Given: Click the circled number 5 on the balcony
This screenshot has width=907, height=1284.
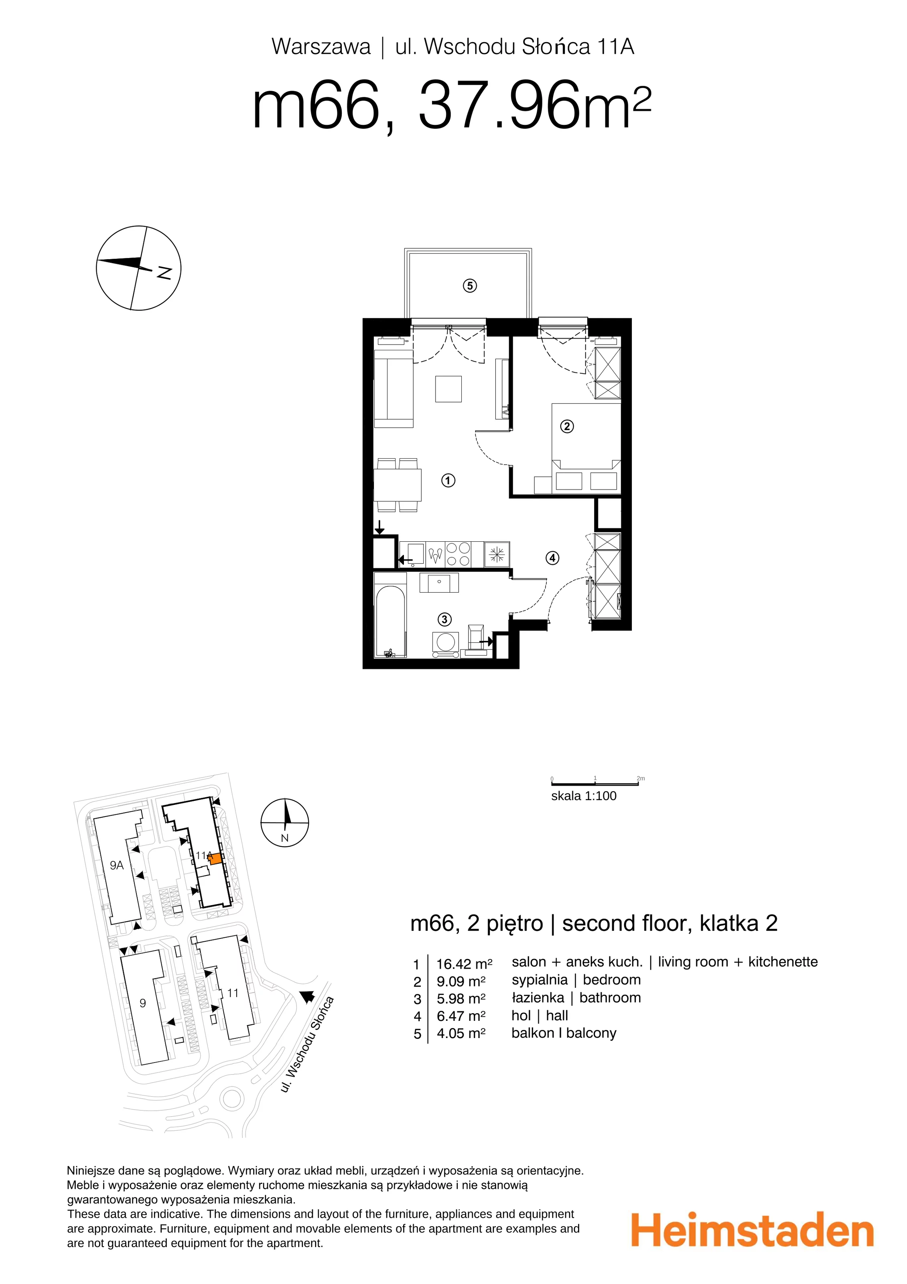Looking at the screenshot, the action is (470, 286).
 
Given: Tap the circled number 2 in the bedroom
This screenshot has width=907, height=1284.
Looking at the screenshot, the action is (567, 427).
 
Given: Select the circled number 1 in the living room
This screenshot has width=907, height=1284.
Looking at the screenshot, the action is (448, 480).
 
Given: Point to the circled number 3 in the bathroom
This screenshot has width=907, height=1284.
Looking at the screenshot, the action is (444, 619).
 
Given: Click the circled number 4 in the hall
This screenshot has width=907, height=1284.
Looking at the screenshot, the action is (552, 558).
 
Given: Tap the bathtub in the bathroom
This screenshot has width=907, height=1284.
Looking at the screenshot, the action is (390, 621).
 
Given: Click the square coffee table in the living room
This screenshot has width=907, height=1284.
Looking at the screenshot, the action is (448, 389).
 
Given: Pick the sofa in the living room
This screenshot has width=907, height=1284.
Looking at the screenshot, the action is (393, 389).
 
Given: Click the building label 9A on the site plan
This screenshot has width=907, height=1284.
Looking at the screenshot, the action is (116, 865).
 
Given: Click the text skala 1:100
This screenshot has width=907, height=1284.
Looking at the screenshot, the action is (584, 796).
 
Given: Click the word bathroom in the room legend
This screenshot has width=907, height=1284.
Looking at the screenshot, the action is (610, 998).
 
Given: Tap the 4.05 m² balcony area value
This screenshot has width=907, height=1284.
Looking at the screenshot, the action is (461, 1034).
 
